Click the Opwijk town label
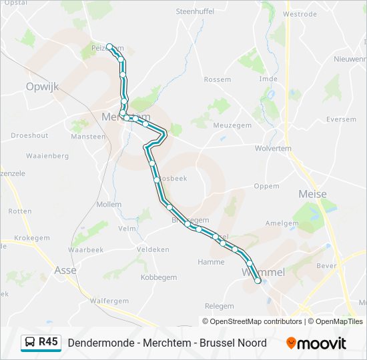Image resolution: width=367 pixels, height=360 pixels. (42, 87)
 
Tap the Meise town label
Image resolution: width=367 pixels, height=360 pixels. (313, 194)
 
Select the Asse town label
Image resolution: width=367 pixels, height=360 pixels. (65, 270)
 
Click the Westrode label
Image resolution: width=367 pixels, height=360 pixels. (300, 13)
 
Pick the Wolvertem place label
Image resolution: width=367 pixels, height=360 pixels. (273, 149)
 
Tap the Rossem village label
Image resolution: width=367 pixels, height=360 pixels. (218, 79)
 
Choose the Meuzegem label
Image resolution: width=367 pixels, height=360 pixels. (232, 125)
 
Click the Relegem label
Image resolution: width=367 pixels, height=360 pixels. (219, 306)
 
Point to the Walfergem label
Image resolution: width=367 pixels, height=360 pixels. (109, 301)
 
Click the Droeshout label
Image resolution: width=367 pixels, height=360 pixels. (30, 135)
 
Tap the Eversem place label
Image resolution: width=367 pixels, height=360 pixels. (342, 119)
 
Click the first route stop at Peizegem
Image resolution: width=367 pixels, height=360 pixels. (109, 47)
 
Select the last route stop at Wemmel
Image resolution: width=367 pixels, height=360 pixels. (258, 281)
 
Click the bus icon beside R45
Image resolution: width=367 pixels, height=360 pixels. (30, 343)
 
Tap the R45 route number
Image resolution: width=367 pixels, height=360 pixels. (49, 342)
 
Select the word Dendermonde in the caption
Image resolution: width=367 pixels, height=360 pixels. (99, 343)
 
